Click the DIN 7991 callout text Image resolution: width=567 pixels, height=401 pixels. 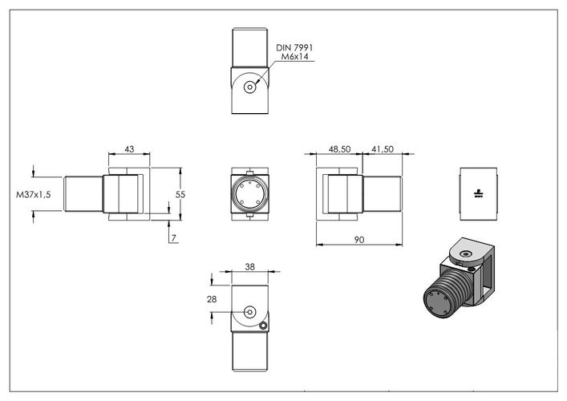[294, 48]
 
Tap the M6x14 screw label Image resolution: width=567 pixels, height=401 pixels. [295, 57]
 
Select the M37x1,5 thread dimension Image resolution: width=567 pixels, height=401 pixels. [33, 195]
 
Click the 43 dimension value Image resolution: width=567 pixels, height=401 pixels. [129, 149]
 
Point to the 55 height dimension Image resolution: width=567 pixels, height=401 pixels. [180, 195]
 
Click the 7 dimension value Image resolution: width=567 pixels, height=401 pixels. [173, 238]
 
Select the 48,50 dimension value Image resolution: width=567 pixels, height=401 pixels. [339, 149]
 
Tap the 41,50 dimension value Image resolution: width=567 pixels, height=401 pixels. [383, 149]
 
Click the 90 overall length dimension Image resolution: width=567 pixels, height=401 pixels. [358, 240]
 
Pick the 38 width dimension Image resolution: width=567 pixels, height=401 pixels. [250, 267]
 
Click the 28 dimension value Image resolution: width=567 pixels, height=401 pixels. [212, 299]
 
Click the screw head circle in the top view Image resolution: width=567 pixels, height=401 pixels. [249, 87]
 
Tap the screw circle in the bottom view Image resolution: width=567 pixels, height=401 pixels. [250, 312]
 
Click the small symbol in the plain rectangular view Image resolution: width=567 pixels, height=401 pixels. [479, 193]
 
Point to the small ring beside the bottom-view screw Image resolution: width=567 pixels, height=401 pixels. [263, 326]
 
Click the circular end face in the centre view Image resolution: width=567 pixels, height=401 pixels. [250, 194]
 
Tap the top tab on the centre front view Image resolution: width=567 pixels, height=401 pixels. [249, 172]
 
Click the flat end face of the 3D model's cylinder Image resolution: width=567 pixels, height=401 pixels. [438, 303]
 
